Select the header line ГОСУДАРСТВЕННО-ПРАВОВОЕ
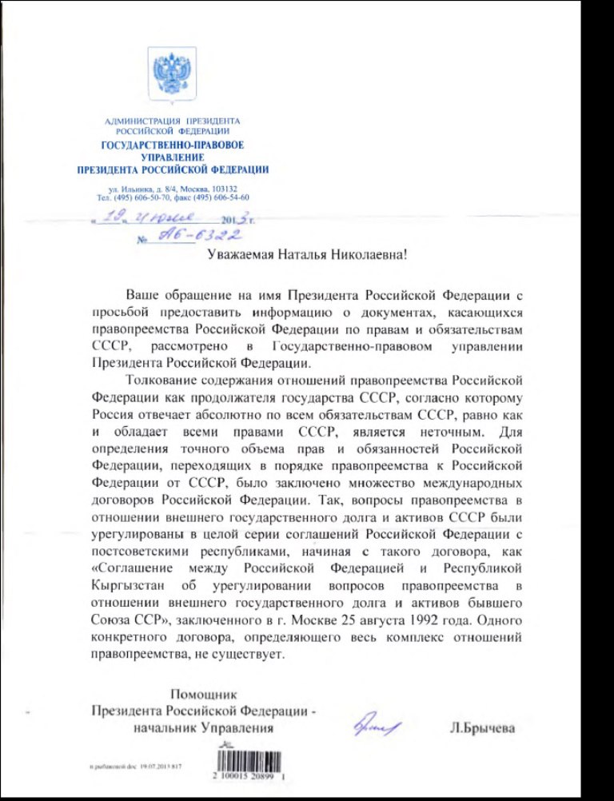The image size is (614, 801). pos(172,145)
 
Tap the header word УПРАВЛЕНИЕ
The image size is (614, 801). pos(172,157)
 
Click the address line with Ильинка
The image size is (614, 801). pos(172,188)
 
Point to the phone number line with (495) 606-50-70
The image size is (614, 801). pos(172,197)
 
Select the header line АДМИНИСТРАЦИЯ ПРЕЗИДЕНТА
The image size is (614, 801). pos(172,122)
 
